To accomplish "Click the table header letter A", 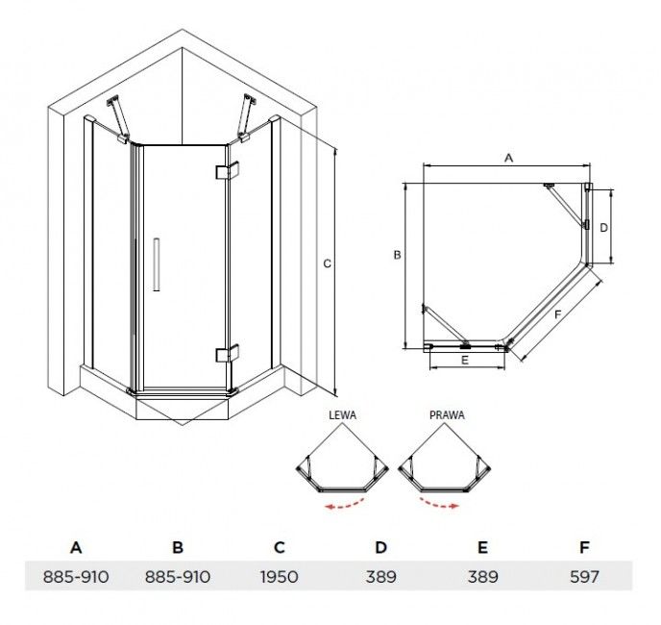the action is [76, 547].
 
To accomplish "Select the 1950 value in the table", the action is [280, 577].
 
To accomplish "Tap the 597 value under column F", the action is [584, 577].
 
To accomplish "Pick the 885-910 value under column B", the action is [178, 577].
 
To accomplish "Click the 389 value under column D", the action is [381, 577].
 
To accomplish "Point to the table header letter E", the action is [482, 547].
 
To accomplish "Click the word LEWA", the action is [342, 415].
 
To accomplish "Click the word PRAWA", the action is [448, 415].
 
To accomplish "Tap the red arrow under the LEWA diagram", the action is [345, 505].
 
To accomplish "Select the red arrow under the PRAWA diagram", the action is [438, 504].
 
